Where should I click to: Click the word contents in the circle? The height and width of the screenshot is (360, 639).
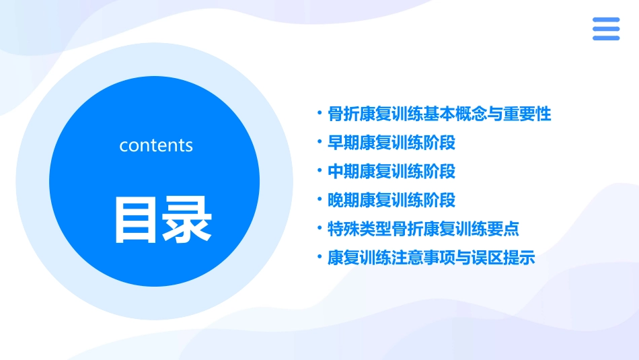tap(156, 145)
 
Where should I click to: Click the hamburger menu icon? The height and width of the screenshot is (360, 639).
tap(606, 29)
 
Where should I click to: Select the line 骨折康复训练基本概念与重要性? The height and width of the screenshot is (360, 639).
tap(439, 114)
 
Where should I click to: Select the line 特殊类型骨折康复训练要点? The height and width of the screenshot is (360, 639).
tap(423, 229)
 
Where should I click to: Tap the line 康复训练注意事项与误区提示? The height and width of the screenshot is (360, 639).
tap(431, 258)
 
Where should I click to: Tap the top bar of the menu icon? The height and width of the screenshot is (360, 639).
tap(606, 20)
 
